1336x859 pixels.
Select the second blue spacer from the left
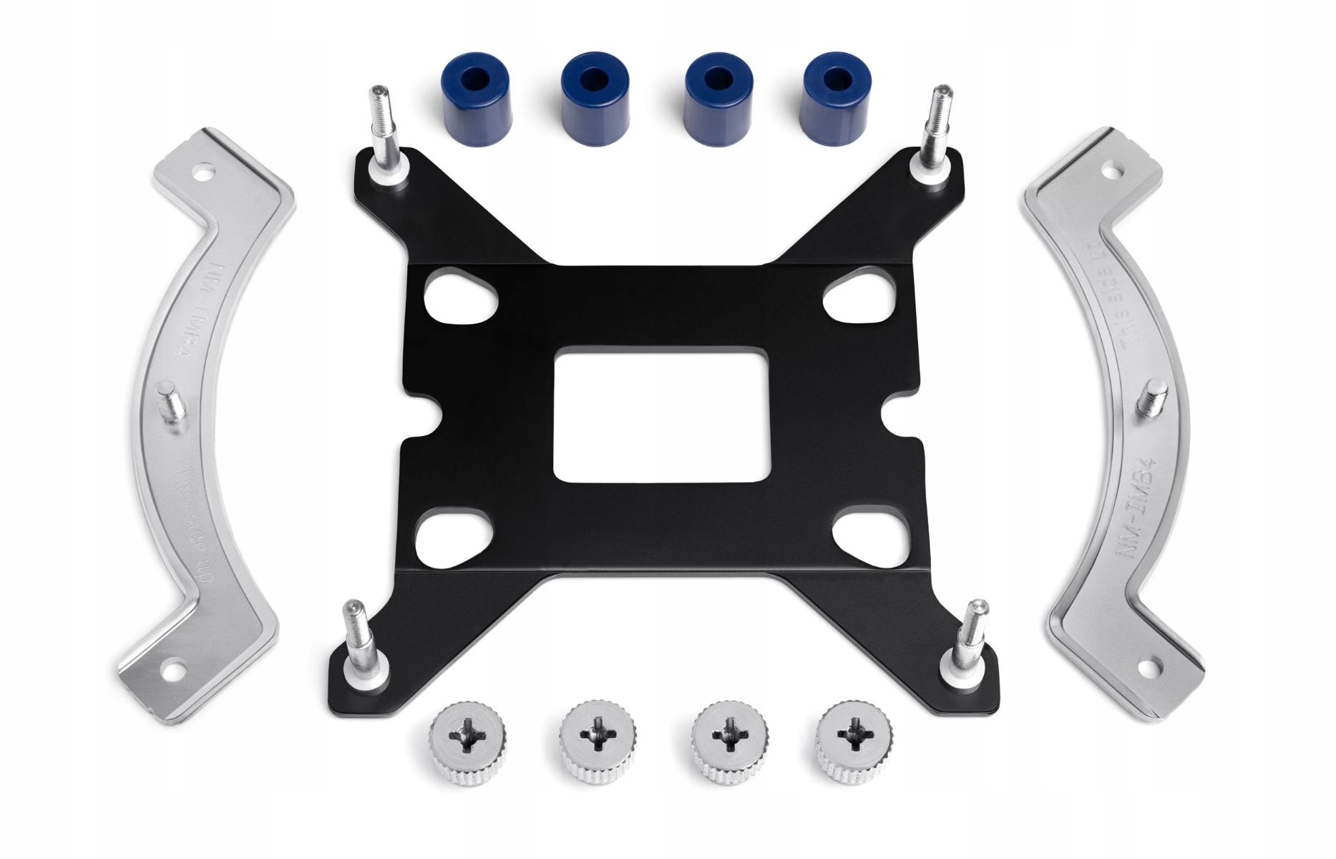pos(595,97)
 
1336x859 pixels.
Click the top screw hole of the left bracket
pos(205,173)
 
